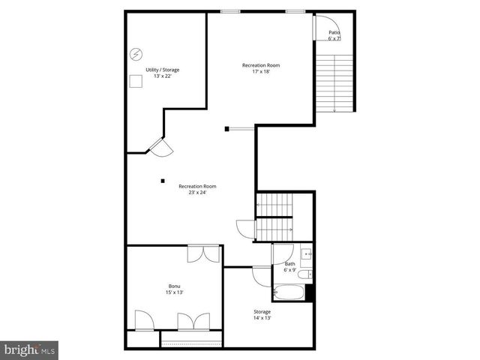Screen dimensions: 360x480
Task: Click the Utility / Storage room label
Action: [163, 70]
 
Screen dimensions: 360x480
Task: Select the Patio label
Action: [334, 32]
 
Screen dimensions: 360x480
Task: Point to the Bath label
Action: [289, 264]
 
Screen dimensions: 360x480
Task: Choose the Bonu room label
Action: [174, 286]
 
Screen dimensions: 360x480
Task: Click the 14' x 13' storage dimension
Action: [262, 318]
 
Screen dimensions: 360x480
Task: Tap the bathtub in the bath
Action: [289, 292]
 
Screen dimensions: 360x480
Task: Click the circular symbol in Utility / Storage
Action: [136, 54]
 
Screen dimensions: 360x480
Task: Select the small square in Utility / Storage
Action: [136, 81]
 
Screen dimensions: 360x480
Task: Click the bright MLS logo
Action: [29, 349]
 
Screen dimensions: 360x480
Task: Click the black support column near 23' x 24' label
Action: [162, 180]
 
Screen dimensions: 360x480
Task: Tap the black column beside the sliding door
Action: [226, 129]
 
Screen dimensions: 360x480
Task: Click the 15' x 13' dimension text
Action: [174, 293]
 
